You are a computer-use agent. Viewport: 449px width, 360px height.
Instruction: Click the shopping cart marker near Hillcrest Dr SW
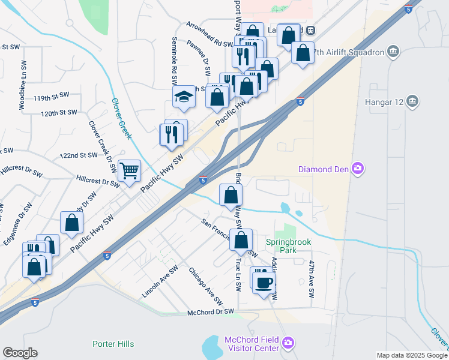[130, 171]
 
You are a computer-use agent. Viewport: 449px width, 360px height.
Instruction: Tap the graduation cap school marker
[184, 97]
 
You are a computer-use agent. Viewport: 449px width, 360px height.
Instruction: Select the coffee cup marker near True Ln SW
[263, 281]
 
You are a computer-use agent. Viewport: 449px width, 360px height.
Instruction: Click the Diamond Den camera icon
[358, 169]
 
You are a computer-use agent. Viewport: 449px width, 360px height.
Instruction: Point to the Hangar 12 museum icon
[412, 101]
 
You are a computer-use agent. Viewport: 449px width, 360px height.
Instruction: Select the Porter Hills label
[113, 344]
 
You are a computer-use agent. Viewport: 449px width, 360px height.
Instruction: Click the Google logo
[20, 353]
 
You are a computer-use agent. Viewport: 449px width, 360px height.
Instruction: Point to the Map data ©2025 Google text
[411, 355]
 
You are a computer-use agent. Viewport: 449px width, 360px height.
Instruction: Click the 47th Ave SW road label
[312, 280]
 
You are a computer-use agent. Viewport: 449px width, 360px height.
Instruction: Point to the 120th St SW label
[59, 112]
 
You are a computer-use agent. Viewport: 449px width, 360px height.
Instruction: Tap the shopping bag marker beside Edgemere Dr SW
[71, 223]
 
